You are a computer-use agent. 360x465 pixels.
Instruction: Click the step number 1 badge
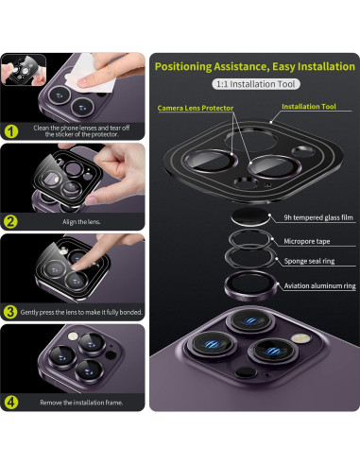(11, 131)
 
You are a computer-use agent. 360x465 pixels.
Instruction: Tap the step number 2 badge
(11, 222)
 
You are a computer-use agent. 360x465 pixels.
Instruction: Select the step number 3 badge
(10, 312)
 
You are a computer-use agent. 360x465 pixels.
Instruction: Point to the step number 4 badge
(11, 403)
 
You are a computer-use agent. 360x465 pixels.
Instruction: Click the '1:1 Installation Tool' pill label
(256, 84)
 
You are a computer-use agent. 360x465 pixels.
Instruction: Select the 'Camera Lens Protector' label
(196, 108)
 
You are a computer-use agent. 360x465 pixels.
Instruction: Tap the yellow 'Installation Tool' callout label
(309, 107)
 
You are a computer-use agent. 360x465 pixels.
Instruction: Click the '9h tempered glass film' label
(318, 217)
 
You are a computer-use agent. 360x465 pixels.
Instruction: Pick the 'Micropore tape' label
(307, 241)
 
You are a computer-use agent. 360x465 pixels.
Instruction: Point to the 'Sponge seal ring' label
(309, 261)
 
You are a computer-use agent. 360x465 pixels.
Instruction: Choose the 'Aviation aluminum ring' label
(319, 285)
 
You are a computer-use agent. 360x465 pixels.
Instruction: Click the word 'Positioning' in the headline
(183, 67)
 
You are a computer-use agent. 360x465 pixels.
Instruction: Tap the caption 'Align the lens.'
(81, 222)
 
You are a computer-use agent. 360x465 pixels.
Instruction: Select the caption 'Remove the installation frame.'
(81, 403)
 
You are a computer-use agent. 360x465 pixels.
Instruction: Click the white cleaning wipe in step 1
(88, 74)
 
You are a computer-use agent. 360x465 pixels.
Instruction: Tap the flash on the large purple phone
(301, 338)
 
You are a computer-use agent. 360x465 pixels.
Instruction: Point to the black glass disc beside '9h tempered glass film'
(250, 216)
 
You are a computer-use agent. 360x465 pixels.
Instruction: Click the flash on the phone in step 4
(73, 336)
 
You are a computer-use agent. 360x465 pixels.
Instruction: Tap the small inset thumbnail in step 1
(24, 70)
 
